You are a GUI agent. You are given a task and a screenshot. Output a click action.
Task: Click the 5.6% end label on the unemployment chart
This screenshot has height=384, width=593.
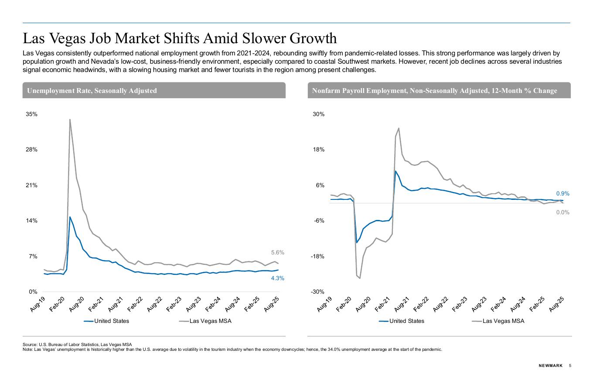pyautogui.click(x=278, y=253)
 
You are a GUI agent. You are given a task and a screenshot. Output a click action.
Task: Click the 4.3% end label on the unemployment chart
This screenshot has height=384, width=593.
pyautogui.click(x=278, y=278)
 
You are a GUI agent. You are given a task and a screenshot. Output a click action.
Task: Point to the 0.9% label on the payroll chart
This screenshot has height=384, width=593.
pyautogui.click(x=562, y=194)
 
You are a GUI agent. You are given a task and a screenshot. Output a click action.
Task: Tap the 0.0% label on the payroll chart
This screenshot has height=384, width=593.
pyautogui.click(x=562, y=213)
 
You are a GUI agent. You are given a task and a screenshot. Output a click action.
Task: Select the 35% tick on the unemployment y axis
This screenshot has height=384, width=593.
pyautogui.click(x=32, y=114)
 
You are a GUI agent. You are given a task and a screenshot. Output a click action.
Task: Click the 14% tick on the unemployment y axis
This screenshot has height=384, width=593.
pyautogui.click(x=32, y=221)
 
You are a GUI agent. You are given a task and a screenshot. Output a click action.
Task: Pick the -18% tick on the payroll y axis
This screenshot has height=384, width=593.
pyautogui.click(x=317, y=257)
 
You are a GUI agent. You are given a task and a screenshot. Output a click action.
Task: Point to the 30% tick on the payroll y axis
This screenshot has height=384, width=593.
pyautogui.click(x=318, y=114)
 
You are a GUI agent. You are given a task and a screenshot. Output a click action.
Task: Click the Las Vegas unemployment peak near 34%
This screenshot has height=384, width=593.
pyautogui.click(x=70, y=120)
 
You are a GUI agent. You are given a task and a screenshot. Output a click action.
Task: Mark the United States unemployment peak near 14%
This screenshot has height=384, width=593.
pyautogui.click(x=70, y=217)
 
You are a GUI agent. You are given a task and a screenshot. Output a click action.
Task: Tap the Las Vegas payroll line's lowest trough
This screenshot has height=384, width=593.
pyautogui.click(x=360, y=278)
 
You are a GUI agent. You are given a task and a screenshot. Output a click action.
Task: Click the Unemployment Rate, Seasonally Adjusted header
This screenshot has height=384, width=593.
pyautogui.click(x=92, y=91)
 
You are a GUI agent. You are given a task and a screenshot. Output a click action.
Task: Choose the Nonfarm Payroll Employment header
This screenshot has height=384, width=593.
pyautogui.click(x=434, y=91)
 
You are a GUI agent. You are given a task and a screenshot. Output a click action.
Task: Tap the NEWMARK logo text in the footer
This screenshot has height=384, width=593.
pyautogui.click(x=550, y=366)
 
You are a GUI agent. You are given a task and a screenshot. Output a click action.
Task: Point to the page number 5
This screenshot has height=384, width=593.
pyautogui.click(x=570, y=366)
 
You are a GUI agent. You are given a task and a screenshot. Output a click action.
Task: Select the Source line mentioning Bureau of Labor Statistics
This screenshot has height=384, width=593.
pyautogui.click(x=77, y=345)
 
